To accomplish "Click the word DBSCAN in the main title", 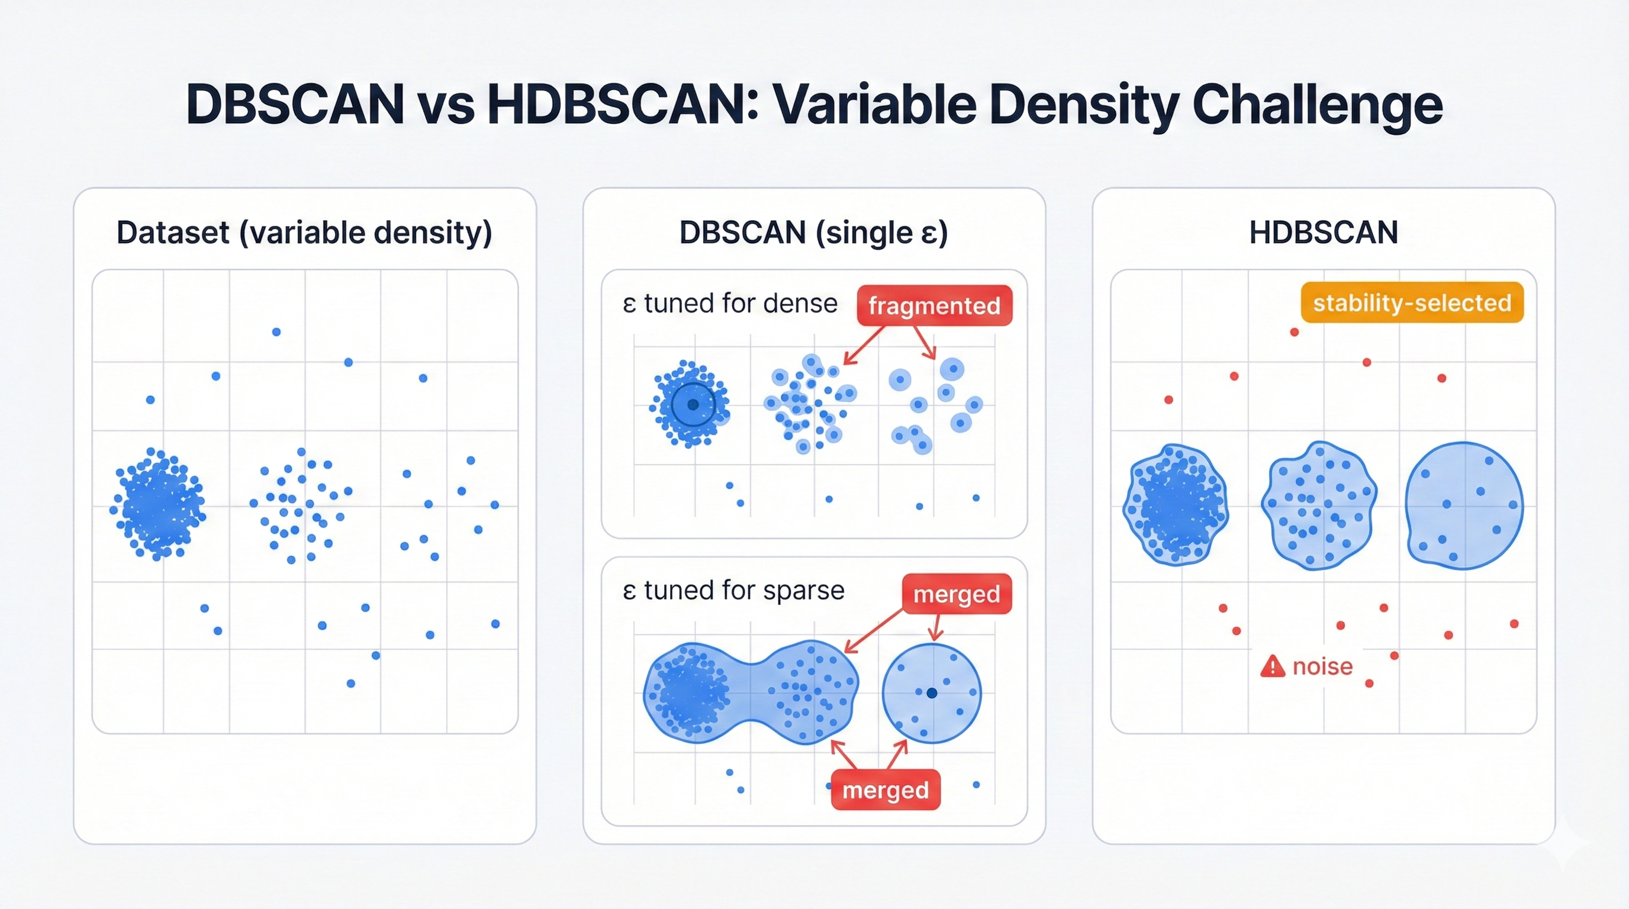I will tap(295, 104).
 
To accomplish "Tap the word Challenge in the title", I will tap(1317, 104).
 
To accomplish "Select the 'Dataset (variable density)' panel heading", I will tap(304, 232).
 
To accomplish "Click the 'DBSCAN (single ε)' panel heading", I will tap(814, 232).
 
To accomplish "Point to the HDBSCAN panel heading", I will tap(1324, 232).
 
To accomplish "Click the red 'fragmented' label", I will tap(934, 306).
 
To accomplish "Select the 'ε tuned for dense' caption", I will tap(730, 304).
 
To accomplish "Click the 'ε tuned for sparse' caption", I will tap(733, 591).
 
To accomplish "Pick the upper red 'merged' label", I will tap(957, 594).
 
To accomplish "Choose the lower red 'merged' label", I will tap(886, 790).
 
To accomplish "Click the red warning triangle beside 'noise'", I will tap(1272, 667).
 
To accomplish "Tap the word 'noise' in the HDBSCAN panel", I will tap(1322, 667).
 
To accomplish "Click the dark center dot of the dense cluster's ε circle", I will tap(693, 405).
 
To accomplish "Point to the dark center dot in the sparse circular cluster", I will tap(932, 694).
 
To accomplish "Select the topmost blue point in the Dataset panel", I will tap(276, 332).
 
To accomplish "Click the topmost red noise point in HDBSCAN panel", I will tap(1295, 332).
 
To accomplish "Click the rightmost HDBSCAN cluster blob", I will tap(1464, 506).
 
